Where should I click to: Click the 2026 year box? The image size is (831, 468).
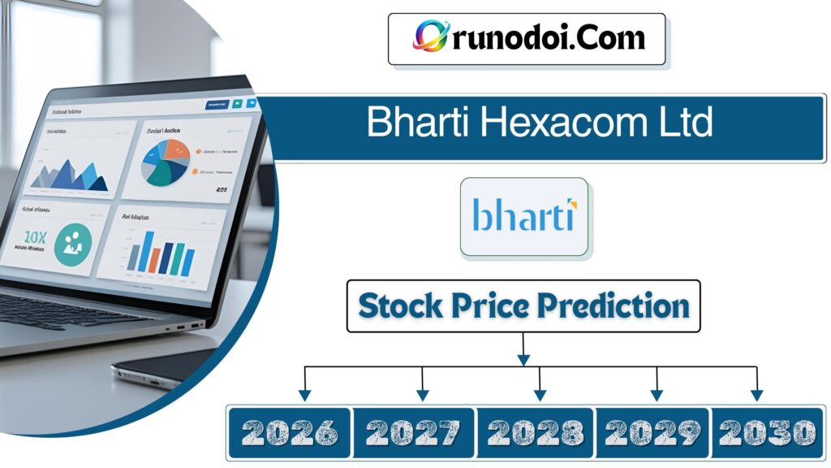click(290, 432)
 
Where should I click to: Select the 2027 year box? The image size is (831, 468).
click(414, 432)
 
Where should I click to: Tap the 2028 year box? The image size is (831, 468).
click(536, 432)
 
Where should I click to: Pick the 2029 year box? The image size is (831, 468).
click(653, 432)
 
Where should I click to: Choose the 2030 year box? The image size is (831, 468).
click(766, 432)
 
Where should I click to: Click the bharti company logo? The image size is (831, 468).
click(523, 217)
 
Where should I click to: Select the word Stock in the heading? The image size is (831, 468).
click(400, 306)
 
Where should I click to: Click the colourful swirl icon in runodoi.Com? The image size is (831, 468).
click(431, 37)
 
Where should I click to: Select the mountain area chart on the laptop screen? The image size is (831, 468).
click(73, 174)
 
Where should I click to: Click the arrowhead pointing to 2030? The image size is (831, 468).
click(756, 395)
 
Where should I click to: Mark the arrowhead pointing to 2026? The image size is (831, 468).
click(304, 395)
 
